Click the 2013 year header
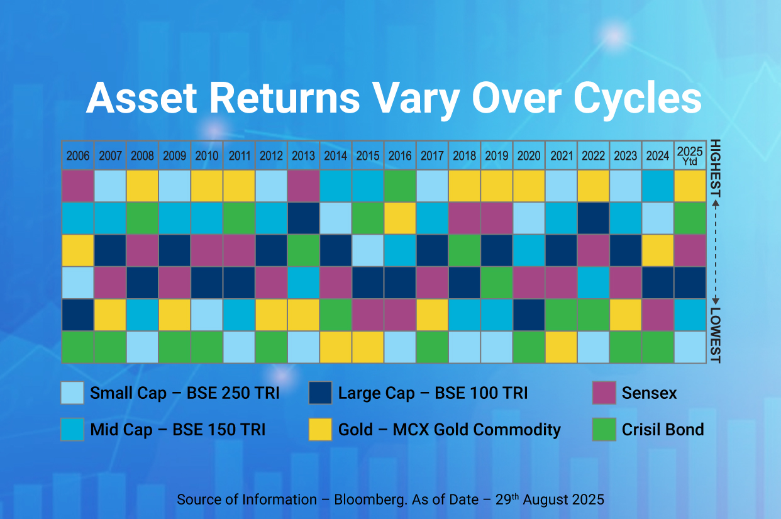point(303,155)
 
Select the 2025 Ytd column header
point(690,155)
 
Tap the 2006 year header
point(78,155)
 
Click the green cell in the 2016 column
point(400,186)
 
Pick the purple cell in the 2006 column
point(78,186)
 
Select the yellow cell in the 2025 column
point(690,186)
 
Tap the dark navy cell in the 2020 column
point(529,315)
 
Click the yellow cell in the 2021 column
point(561,347)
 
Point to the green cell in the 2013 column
point(303,250)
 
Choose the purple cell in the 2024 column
point(658,315)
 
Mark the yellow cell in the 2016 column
point(400,218)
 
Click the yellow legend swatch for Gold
point(321,430)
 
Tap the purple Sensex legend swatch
point(604,393)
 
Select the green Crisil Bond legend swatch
point(604,430)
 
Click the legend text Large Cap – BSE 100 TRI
point(433,394)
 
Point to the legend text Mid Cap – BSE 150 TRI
point(177,430)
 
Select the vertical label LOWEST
point(715,335)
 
